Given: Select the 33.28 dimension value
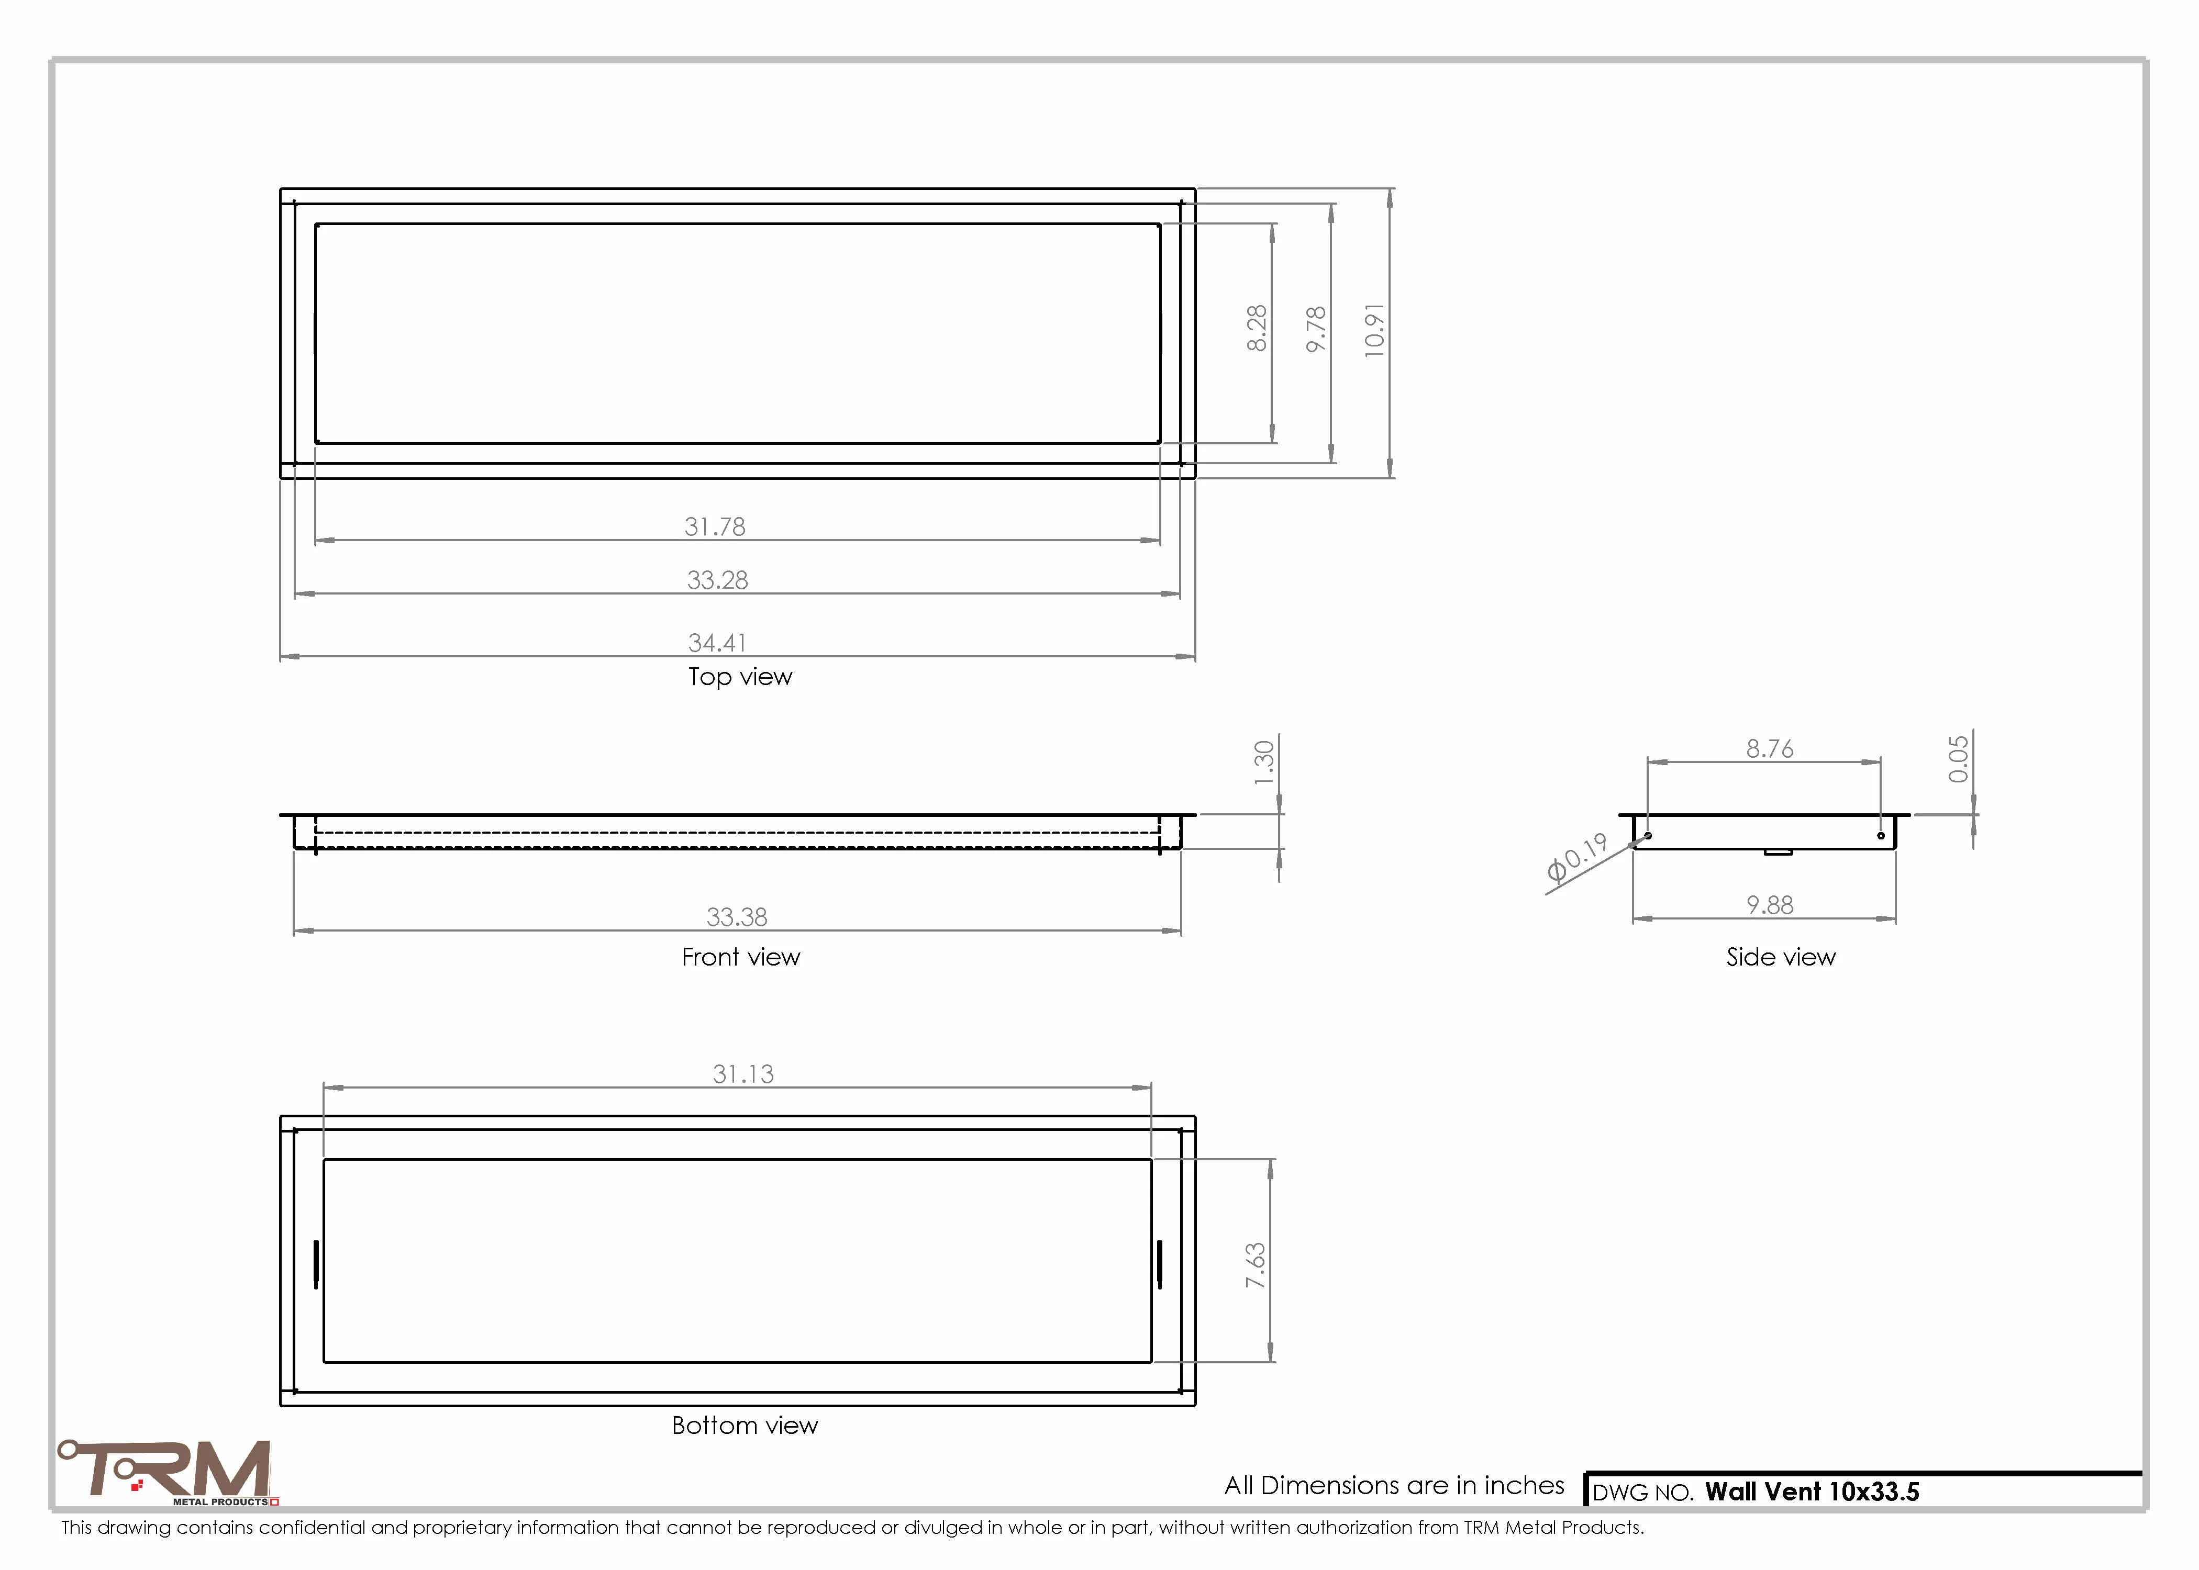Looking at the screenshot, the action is [717, 580].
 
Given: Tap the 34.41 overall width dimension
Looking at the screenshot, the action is [717, 643].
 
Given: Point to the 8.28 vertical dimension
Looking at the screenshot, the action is [1256, 329].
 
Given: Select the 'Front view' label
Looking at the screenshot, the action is [741, 957].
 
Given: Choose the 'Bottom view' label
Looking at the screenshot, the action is [745, 1425].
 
